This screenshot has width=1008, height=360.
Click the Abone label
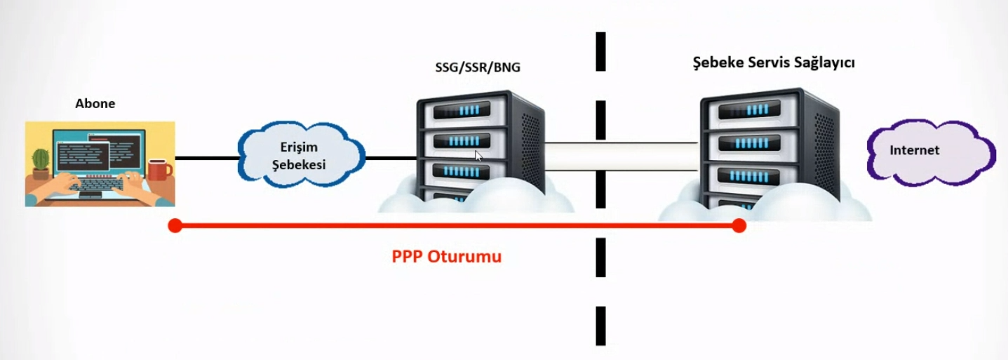(95, 104)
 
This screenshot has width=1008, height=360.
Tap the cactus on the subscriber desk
(41, 162)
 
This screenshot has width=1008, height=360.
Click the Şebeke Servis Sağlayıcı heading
(769, 62)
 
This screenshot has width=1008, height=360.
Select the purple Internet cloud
(930, 152)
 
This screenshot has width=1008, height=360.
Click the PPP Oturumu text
(446, 256)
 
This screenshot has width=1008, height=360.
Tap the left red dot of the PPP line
(175, 226)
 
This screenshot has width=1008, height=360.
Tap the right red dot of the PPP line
(738, 226)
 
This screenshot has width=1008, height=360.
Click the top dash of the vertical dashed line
(600, 51)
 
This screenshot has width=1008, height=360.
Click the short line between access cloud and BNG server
(390, 158)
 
